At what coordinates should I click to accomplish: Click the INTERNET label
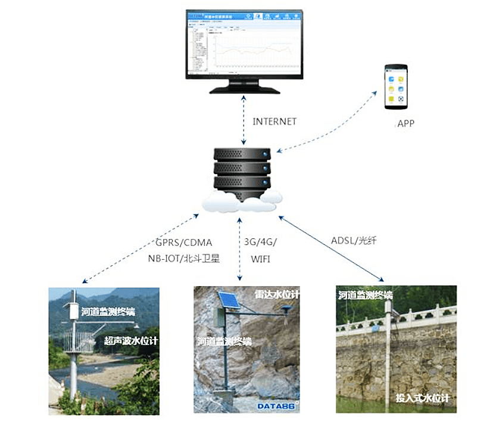coord(274,122)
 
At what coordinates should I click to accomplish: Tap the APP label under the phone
coord(405,124)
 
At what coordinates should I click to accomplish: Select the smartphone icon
coord(397,87)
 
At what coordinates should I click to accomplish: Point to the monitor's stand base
coord(244,89)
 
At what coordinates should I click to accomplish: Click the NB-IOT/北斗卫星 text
coord(185,259)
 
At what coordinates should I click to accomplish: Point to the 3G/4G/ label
coord(261,242)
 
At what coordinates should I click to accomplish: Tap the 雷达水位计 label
coord(277,294)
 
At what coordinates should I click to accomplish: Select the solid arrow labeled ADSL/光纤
coord(330,248)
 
